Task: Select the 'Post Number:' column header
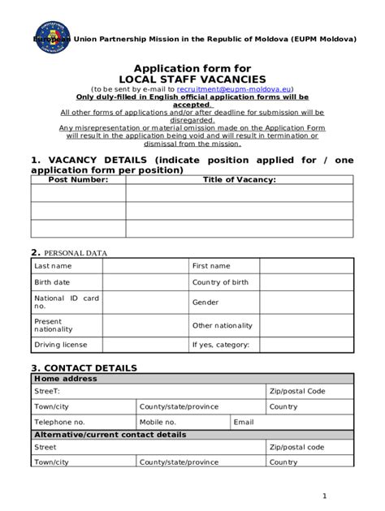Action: pos(78,179)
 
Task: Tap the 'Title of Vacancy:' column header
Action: pos(239,179)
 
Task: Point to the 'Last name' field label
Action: pos(53,266)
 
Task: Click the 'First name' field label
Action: pos(211,266)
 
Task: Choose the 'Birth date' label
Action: pos(52,282)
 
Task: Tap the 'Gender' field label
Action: pos(205,303)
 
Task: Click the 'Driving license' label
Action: pos(59,345)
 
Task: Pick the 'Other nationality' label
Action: pos(223,325)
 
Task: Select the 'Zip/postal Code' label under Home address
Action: pos(297,391)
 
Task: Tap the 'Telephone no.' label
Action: pos(59,422)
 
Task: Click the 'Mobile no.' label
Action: pos(158,422)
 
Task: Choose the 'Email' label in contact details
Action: pos(244,422)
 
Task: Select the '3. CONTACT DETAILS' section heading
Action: pos(84,367)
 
